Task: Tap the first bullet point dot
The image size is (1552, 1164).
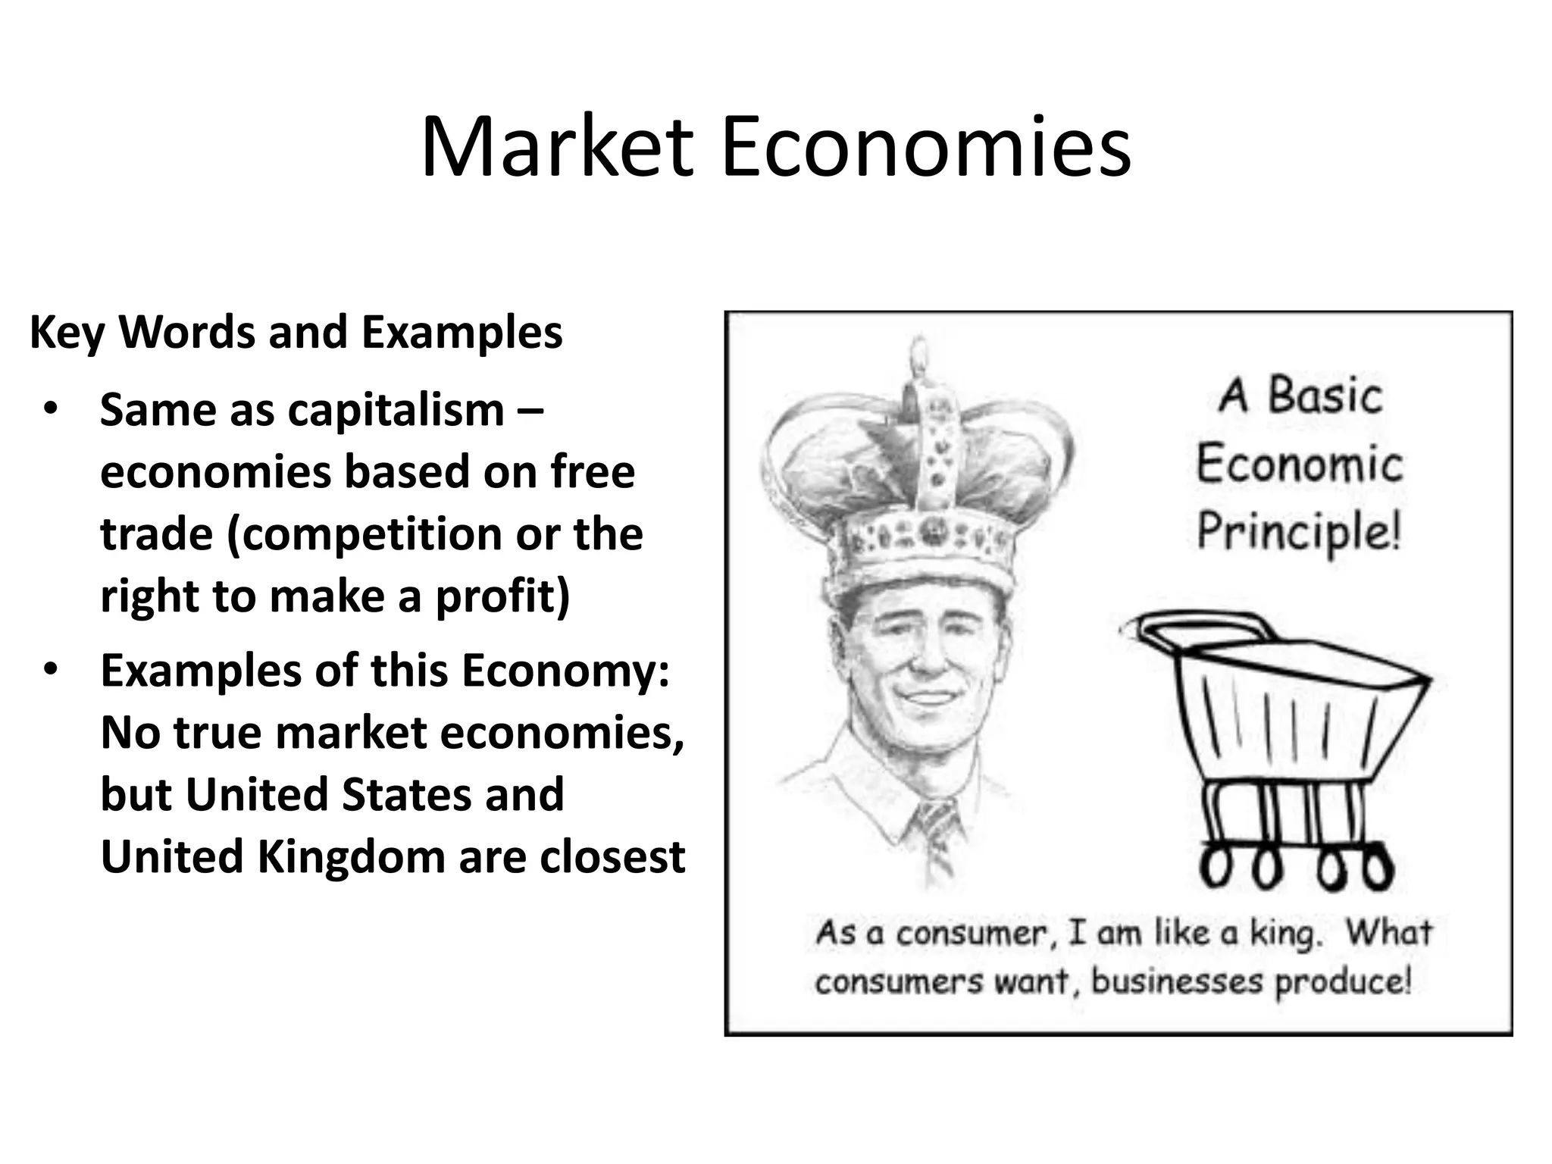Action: [50, 410]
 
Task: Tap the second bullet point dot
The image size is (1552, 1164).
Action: [50, 671]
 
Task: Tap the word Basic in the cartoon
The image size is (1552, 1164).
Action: [1325, 396]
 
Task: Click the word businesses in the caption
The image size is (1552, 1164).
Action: [1177, 982]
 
